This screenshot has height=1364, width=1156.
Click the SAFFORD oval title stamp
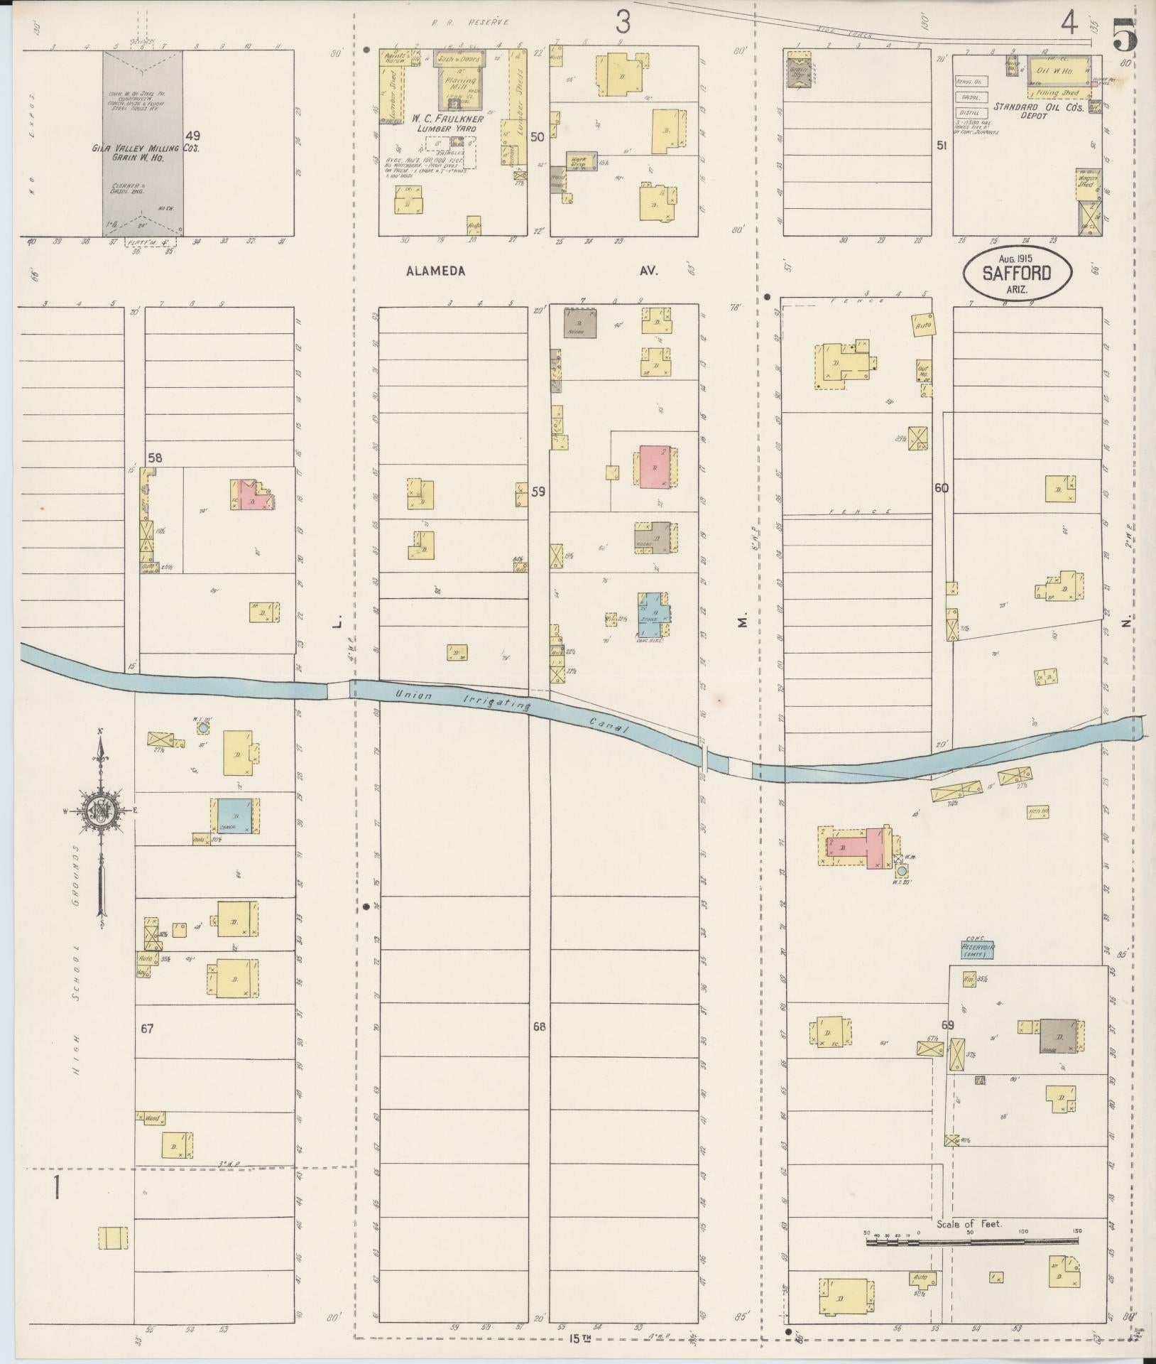click(x=1017, y=273)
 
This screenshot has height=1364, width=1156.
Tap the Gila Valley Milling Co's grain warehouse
click(x=143, y=142)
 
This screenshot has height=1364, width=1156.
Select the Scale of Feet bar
click(x=971, y=745)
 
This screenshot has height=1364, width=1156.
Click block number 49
click(x=192, y=135)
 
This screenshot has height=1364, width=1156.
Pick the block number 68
click(x=540, y=1027)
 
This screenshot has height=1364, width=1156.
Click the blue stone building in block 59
click(x=652, y=608)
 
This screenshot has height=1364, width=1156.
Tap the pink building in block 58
click(x=250, y=495)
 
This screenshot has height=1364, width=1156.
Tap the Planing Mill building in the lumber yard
click(x=459, y=85)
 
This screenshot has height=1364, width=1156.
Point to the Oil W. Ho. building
click(x=1058, y=70)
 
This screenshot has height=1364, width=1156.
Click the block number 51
click(x=942, y=145)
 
